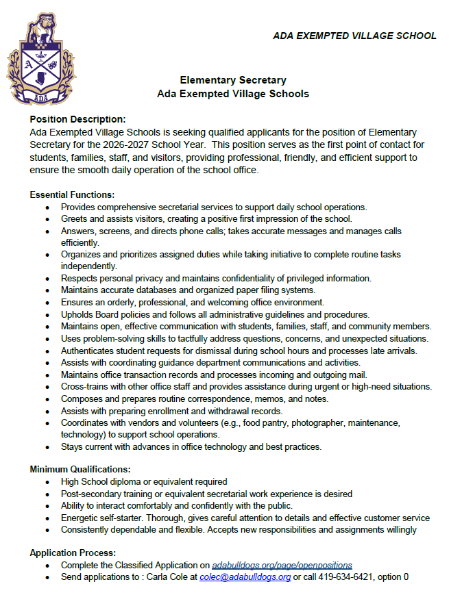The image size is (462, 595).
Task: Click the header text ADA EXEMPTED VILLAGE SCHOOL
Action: click(x=354, y=36)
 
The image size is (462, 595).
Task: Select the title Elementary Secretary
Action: click(x=232, y=80)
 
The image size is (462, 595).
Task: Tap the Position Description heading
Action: click(x=77, y=119)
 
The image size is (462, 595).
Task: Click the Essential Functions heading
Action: click(x=72, y=194)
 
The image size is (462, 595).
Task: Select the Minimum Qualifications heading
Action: click(x=80, y=469)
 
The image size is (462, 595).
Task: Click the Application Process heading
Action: click(x=73, y=553)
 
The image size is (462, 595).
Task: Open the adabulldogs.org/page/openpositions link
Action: click(x=282, y=565)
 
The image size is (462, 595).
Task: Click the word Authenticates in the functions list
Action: click(x=88, y=351)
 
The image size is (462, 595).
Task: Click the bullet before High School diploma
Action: click(x=47, y=482)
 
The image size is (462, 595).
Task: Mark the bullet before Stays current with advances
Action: click(x=47, y=447)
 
